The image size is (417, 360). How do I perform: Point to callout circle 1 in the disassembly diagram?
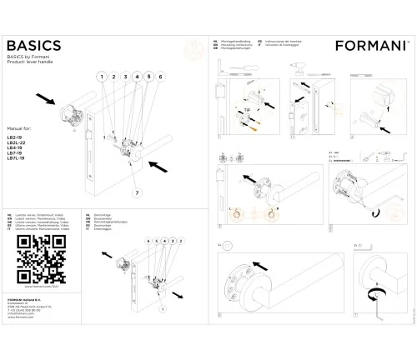tap(177, 240)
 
